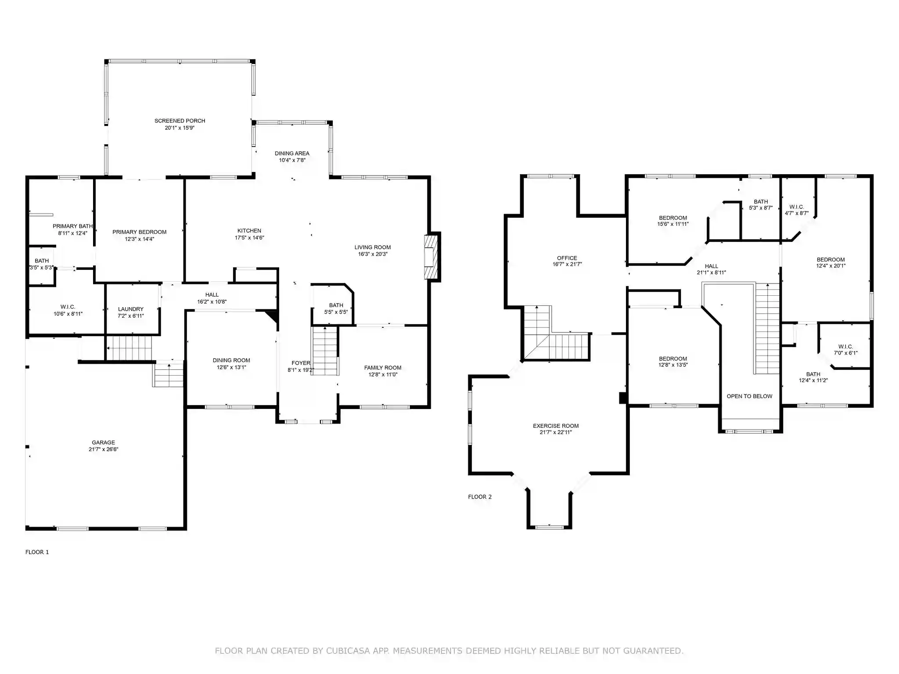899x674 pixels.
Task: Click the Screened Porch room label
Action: point(180,121)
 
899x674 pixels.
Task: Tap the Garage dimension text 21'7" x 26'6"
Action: point(103,449)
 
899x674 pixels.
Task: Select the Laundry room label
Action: point(131,309)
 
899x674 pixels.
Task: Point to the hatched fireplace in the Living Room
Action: point(432,257)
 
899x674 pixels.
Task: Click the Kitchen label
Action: point(249,231)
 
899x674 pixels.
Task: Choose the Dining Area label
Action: point(292,153)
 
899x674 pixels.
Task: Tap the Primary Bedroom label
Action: point(140,232)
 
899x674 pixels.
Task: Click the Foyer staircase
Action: point(325,351)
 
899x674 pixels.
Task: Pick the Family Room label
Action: point(383,368)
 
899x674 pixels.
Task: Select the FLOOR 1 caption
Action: point(37,552)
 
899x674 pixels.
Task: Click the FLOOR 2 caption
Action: point(480,497)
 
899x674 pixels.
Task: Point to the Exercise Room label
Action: point(556,426)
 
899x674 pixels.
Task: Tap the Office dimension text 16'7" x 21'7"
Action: point(567,265)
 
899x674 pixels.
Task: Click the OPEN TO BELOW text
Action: point(749,396)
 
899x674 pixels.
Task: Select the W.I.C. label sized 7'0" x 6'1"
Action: point(845,347)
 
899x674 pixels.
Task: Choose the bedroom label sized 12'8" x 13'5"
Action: point(673,359)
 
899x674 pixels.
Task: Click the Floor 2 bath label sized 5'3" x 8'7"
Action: point(761,202)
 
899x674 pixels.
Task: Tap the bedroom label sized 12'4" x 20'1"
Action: point(831,259)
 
